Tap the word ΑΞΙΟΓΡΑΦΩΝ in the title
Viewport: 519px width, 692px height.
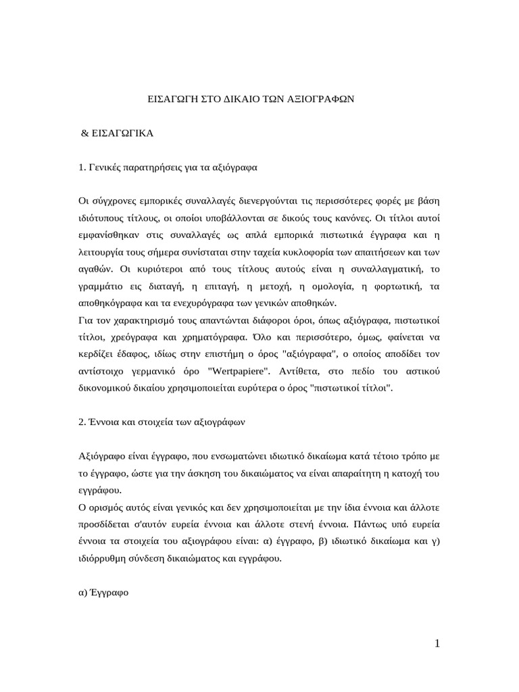click(x=318, y=99)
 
